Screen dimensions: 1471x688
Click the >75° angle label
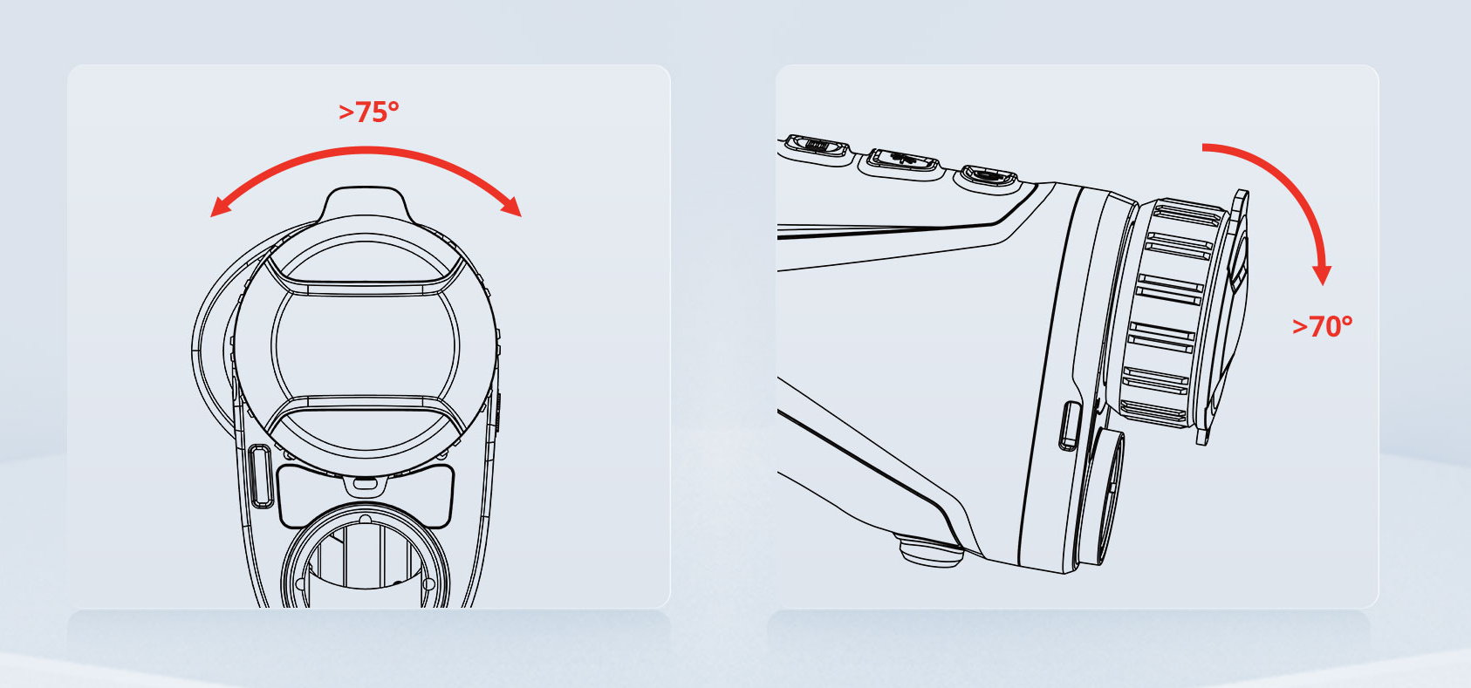pyautogui.click(x=368, y=112)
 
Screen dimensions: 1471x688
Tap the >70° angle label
pyautogui.click(x=1322, y=327)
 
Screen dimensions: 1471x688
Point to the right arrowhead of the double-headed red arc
pyautogui.click(x=511, y=206)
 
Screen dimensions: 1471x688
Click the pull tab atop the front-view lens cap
pyautogui.click(x=365, y=203)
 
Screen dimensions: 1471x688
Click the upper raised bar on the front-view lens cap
pyautogui.click(x=365, y=281)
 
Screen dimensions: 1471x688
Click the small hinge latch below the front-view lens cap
pyautogui.click(x=366, y=485)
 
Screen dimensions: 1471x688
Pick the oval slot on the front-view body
pyautogui.click(x=260, y=476)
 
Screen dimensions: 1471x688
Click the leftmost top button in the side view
pyautogui.click(x=815, y=150)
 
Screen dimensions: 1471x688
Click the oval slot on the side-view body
pyautogui.click(x=1070, y=426)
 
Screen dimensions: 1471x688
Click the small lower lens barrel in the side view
pyautogui.click(x=1100, y=496)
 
